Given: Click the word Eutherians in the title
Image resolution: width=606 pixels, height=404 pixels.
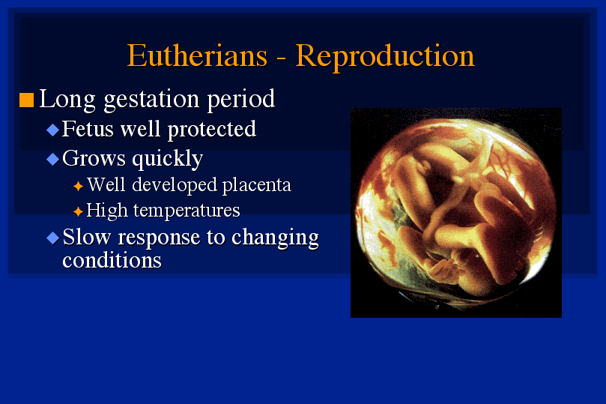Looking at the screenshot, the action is (197, 55).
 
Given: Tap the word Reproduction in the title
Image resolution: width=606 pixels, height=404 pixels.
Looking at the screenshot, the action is (385, 57).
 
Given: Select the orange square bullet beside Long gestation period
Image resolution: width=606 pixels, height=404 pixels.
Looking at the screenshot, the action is (27, 100).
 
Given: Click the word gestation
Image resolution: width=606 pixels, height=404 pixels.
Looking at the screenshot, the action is (151, 100).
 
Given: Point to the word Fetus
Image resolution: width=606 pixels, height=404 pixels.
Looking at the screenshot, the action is (88, 129).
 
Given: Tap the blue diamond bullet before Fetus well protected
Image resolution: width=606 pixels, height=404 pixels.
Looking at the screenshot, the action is (52, 130).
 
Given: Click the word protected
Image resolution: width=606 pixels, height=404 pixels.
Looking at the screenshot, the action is (212, 130).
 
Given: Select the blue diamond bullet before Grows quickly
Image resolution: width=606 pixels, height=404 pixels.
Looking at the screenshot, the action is (52, 159).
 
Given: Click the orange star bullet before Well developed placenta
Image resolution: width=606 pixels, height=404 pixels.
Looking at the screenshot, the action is (78, 187).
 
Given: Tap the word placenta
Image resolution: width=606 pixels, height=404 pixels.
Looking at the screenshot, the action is (257, 186).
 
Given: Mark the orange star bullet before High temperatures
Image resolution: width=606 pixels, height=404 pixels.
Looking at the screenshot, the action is (78, 211).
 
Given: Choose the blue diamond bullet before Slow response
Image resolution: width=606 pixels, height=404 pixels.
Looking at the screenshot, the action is (52, 238).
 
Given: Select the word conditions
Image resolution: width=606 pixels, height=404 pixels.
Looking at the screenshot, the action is (112, 260).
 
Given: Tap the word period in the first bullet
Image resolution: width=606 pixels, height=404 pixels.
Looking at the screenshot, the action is (241, 100).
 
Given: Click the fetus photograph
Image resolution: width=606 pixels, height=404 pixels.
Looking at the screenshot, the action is (456, 213).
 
